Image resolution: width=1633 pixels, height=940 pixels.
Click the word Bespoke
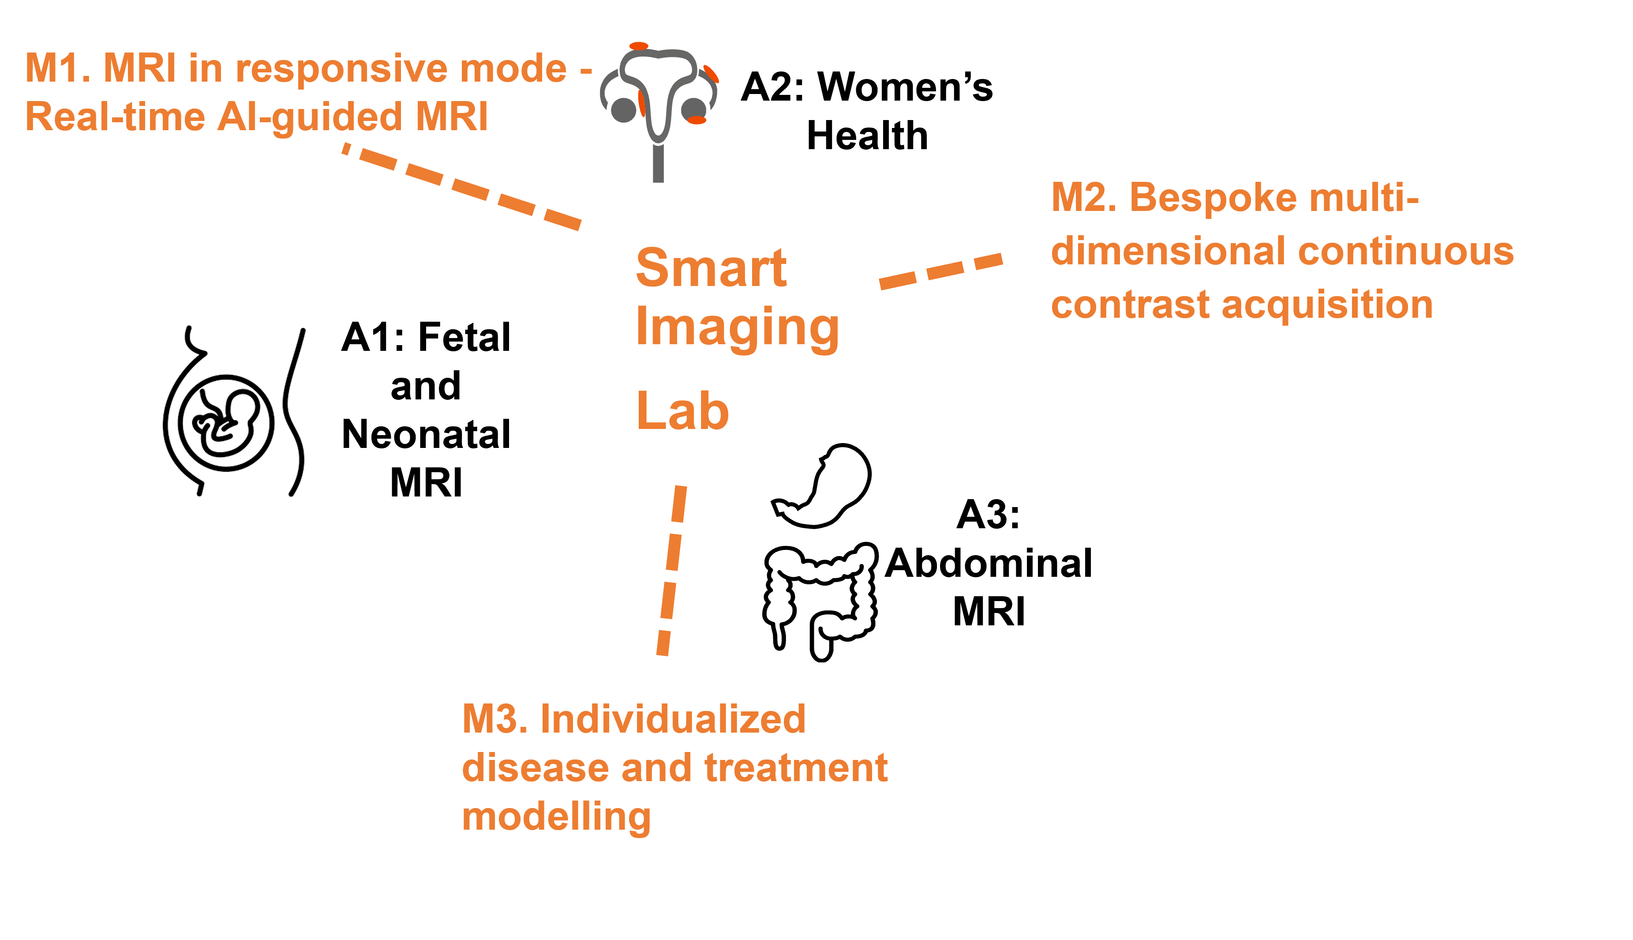[x=1214, y=198]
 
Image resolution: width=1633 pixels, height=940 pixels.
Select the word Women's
[x=905, y=86]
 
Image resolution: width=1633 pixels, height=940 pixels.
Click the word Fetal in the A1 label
[x=464, y=337]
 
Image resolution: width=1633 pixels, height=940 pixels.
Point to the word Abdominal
[x=989, y=563]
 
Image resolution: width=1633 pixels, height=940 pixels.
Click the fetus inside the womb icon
[x=226, y=422]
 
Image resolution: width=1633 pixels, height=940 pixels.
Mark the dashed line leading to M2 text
[x=941, y=271]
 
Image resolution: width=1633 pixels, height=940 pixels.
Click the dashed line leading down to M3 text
[x=672, y=570]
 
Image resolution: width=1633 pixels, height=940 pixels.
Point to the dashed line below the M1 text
[x=462, y=187]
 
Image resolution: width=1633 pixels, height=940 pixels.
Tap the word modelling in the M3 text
[x=557, y=817]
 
